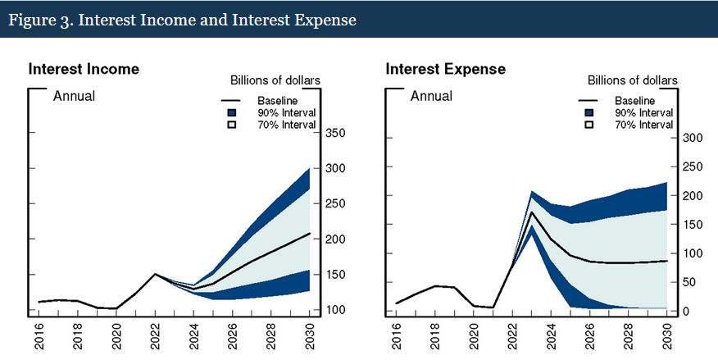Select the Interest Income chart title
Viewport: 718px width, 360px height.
point(84,69)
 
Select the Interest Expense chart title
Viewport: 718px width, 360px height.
point(446,69)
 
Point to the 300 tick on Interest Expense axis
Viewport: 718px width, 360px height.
point(692,138)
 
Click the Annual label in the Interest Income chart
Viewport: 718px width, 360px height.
point(74,96)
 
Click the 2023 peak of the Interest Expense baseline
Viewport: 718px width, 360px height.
point(531,212)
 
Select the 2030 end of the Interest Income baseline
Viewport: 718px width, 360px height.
point(310,234)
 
